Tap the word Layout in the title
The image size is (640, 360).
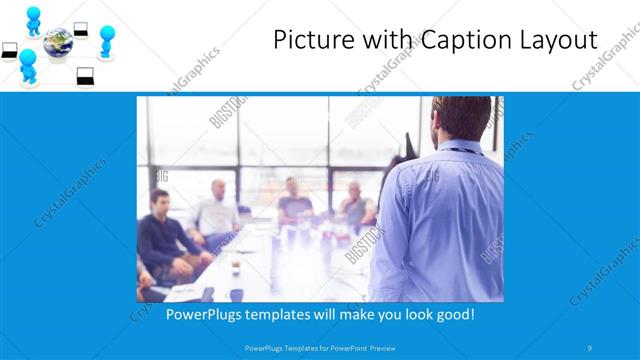point(551,41)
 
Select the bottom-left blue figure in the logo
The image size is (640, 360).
point(28,65)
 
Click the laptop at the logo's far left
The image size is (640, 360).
point(10,49)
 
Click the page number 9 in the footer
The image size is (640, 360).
point(590,347)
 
